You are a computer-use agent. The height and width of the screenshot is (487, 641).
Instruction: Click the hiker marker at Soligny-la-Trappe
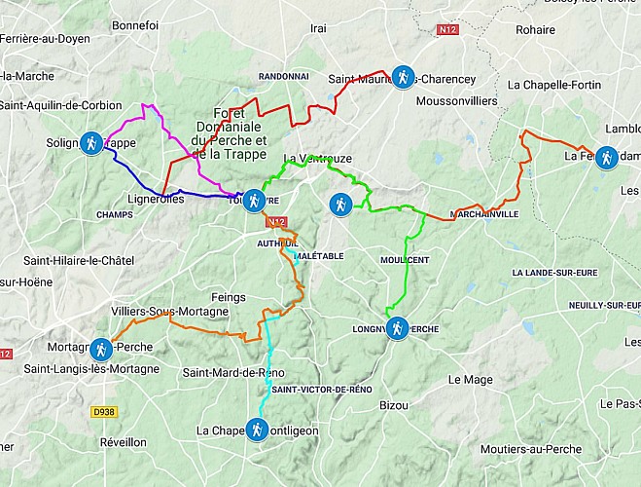tap(90, 144)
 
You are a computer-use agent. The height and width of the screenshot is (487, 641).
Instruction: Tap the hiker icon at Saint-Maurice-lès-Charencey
tap(402, 77)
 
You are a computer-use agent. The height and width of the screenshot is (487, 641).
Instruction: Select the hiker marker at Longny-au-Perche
tap(396, 329)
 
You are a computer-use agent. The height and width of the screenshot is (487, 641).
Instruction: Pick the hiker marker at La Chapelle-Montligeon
tap(256, 430)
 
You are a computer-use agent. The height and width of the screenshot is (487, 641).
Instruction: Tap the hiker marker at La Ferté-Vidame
tap(606, 157)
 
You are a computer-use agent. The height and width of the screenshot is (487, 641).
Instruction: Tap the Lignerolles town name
tap(154, 199)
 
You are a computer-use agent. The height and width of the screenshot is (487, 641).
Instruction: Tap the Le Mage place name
tap(472, 379)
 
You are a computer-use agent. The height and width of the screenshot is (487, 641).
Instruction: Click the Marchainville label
tap(485, 214)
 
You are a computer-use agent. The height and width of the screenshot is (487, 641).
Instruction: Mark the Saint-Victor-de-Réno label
tap(322, 389)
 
